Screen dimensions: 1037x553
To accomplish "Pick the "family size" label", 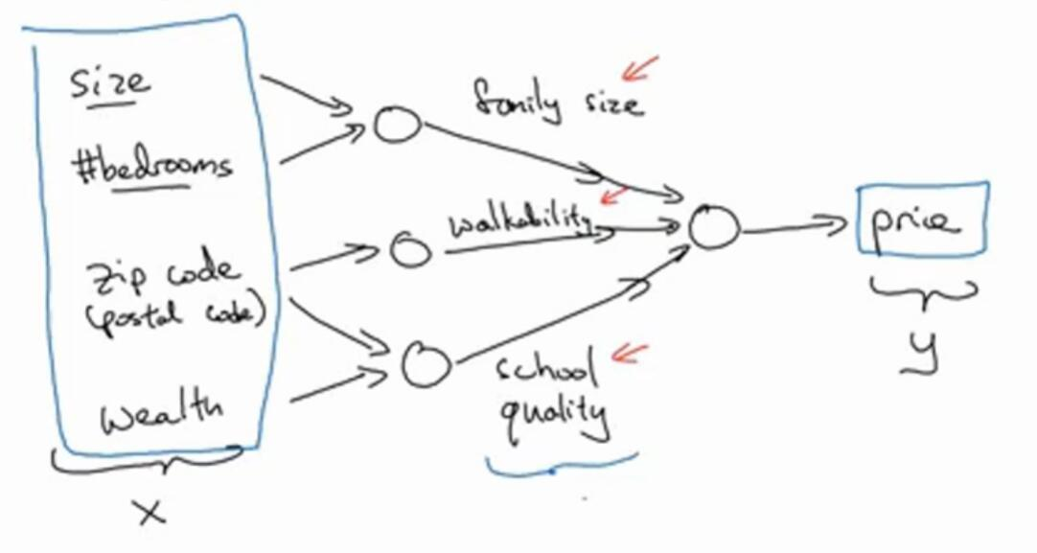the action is (x=556, y=99).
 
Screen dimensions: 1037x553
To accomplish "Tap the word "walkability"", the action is (x=518, y=223).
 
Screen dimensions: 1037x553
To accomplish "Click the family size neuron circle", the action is (x=396, y=125).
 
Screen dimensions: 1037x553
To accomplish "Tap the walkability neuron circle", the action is (x=411, y=251).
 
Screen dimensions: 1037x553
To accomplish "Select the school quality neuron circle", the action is (x=425, y=365).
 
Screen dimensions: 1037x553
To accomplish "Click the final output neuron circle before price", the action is (x=714, y=229).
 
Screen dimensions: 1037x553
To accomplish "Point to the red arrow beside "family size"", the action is (x=639, y=67).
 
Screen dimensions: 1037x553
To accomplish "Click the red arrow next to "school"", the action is (x=630, y=353).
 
